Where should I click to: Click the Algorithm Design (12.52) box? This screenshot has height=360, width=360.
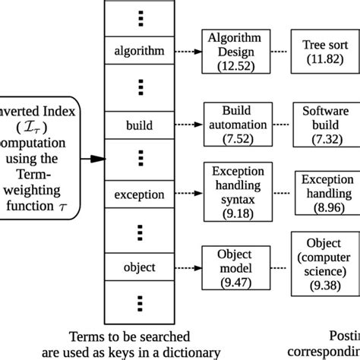coord(236,51)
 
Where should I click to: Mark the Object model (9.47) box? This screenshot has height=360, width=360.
coord(236,267)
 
